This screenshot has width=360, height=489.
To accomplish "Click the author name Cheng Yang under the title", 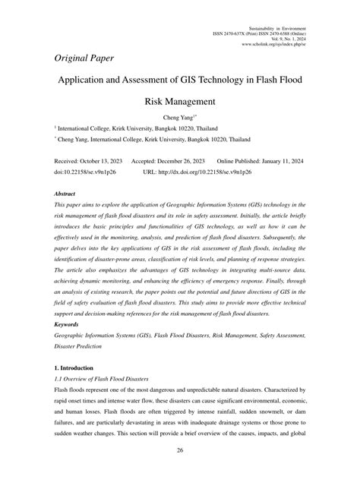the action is [178, 118].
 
